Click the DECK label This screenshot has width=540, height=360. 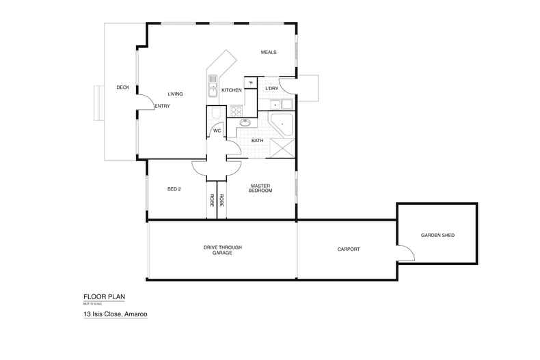(x=123, y=87)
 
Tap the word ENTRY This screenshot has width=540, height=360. (x=162, y=106)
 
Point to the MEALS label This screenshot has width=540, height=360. (x=268, y=53)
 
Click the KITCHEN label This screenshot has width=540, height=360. (x=231, y=90)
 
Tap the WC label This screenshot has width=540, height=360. (x=217, y=130)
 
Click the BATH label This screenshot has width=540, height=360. (x=257, y=141)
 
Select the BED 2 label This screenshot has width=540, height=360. (x=174, y=189)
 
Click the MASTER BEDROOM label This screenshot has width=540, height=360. (x=261, y=188)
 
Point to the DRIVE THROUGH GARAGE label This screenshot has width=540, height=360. (x=222, y=249)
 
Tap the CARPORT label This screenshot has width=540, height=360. (x=348, y=249)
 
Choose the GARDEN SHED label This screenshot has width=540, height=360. (x=437, y=235)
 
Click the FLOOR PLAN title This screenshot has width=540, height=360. (x=104, y=296)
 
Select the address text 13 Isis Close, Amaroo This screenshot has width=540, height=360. (x=116, y=315)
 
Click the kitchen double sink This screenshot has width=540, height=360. (x=213, y=89)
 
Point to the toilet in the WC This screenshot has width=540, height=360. (x=215, y=114)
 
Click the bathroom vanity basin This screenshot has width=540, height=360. (x=244, y=123)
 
